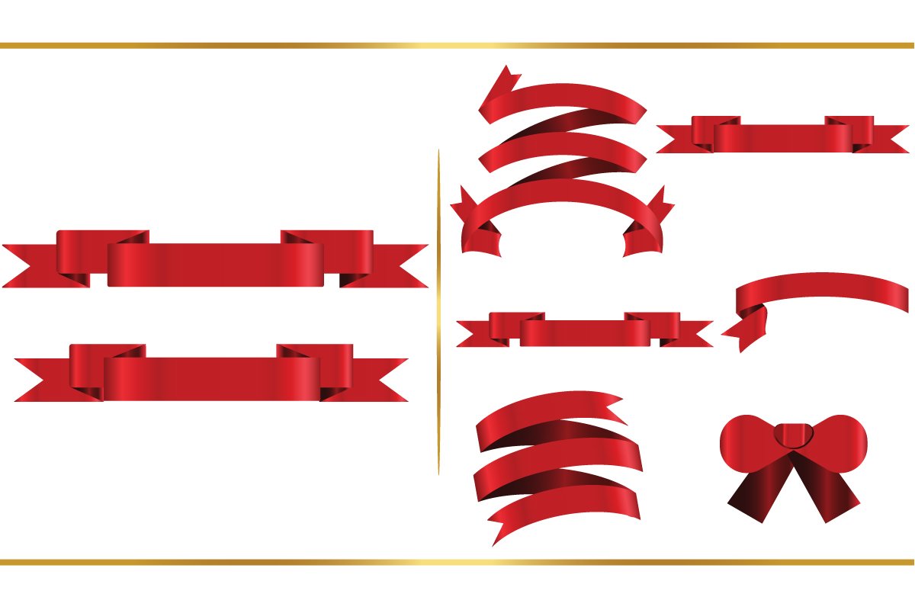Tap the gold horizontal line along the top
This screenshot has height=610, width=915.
click(457, 46)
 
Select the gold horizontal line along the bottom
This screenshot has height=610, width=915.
click(457, 563)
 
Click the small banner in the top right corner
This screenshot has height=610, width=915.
click(782, 136)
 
